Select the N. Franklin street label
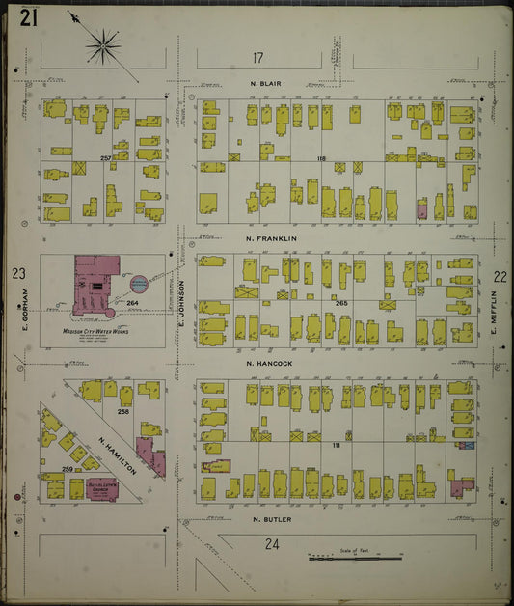tap(271, 238)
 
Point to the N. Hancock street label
tap(270, 364)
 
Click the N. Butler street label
tap(271, 518)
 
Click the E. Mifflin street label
tap(492, 317)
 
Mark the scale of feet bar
tap(354, 557)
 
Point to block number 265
tap(340, 303)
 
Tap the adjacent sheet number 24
tap(272, 544)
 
